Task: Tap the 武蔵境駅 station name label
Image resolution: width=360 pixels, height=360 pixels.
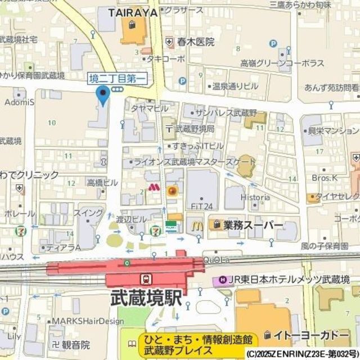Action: coord(146,298)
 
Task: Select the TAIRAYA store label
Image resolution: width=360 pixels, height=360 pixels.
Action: coord(132,11)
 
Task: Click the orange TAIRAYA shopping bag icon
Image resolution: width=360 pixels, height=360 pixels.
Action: coord(132,25)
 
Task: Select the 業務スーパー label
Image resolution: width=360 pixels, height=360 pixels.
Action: coord(253,225)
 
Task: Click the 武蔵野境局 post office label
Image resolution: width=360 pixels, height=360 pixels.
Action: coord(195,128)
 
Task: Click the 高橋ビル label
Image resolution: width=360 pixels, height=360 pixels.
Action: coord(102,182)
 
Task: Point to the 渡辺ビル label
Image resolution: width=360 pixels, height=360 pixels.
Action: coord(132,218)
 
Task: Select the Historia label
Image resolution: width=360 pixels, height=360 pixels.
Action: coord(255,197)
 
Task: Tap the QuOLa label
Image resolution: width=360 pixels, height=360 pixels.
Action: coord(217,260)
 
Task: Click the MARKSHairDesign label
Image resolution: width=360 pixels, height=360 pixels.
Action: coord(87,321)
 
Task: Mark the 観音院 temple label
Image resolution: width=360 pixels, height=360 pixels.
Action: coord(76,344)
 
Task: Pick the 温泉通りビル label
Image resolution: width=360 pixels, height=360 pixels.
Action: coord(235,86)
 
